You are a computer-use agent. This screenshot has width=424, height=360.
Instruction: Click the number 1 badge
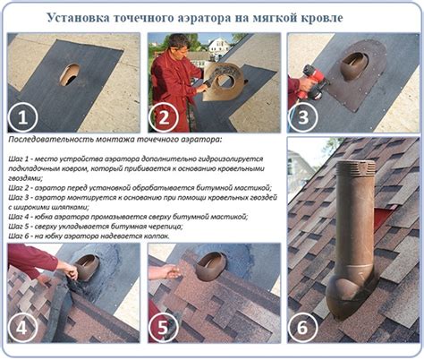click(x=25, y=116)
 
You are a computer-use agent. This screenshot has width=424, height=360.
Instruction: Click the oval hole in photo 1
click(x=70, y=74)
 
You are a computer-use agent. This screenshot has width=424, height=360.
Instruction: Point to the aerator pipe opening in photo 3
click(x=354, y=62)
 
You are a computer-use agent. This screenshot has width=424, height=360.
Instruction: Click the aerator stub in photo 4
click(x=88, y=266)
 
